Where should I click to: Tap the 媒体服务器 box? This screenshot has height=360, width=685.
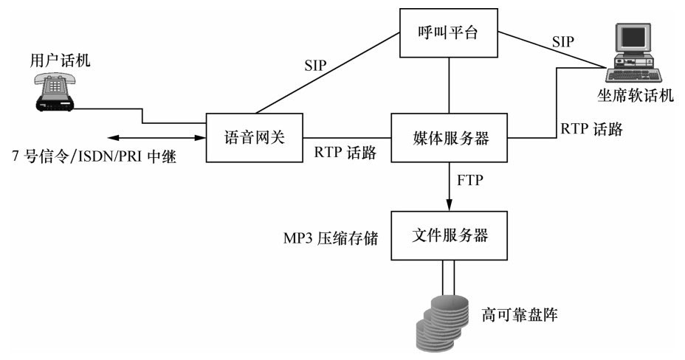(450, 137)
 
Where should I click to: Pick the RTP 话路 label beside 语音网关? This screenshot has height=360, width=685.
(345, 153)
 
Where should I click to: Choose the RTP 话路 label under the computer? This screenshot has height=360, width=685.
(591, 129)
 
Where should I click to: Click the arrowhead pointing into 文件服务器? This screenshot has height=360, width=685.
(450, 206)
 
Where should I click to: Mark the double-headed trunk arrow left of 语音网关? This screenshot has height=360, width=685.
(154, 137)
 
